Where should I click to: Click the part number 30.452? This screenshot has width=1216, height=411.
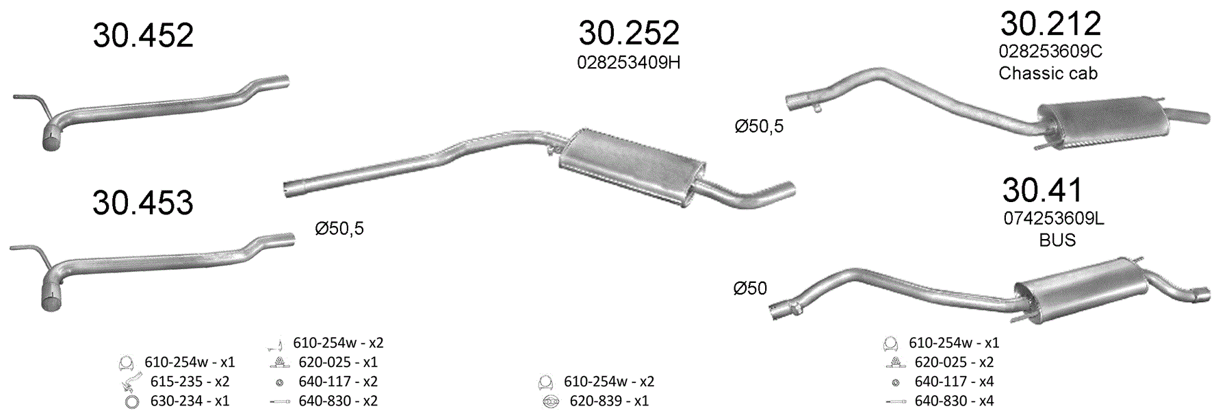point(143,36)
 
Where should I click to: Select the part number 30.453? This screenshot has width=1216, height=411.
point(143,203)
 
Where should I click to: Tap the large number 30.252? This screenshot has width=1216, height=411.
point(629,33)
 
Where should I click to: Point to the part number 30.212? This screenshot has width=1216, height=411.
point(1050,24)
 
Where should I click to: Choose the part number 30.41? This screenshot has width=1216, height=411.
point(1042,190)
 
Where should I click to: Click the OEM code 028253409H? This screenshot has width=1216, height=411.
point(629,63)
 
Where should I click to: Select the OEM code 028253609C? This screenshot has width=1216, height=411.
point(1050,51)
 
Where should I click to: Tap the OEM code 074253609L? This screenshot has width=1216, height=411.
point(1054,219)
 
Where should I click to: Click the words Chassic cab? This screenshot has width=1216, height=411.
point(1048,73)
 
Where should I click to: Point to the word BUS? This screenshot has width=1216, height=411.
point(1057,240)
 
